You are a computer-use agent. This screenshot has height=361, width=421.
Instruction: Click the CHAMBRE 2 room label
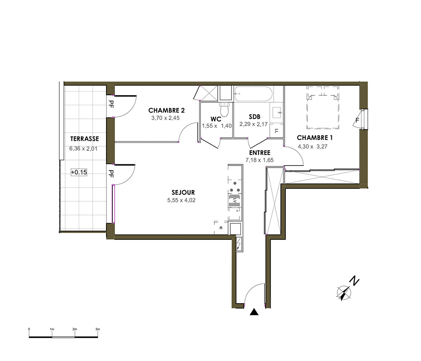(x=166, y=110)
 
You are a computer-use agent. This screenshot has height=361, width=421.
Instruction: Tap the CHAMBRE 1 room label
(x=314, y=138)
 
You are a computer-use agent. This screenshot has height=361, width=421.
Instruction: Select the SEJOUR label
(x=183, y=193)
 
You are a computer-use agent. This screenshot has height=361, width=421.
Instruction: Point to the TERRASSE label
(x=85, y=139)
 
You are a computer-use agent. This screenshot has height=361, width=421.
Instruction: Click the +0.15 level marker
(x=79, y=172)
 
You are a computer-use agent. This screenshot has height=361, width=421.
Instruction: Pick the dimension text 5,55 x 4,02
(x=181, y=200)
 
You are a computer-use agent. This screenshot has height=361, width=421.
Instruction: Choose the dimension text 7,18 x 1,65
(x=260, y=160)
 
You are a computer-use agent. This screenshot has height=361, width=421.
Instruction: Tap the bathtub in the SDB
(x=253, y=94)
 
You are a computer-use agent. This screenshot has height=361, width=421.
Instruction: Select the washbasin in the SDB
(x=277, y=112)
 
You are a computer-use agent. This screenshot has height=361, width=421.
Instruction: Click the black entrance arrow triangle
(x=254, y=312)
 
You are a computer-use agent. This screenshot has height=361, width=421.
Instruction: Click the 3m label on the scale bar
(x=98, y=329)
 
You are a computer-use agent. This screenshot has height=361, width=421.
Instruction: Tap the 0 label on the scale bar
(x=29, y=329)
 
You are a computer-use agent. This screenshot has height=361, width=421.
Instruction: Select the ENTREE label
(x=260, y=153)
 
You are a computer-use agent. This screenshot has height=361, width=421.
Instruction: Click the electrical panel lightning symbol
(x=239, y=244)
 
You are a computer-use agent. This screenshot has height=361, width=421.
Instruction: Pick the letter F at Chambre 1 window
(x=357, y=120)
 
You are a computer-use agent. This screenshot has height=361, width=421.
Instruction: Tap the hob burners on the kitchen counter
(x=235, y=187)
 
